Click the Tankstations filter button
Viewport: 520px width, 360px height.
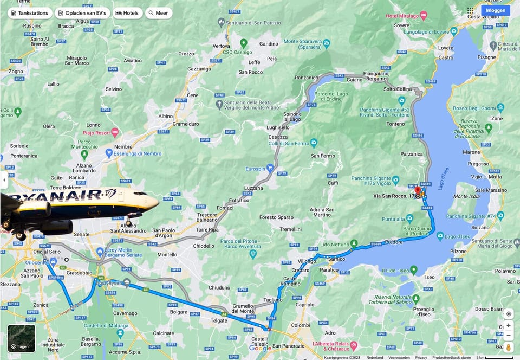(x=30, y=13)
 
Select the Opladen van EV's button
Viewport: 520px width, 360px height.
(x=82, y=13)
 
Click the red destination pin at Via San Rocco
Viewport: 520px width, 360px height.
(x=418, y=191)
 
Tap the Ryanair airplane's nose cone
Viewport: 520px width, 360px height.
(x=157, y=202)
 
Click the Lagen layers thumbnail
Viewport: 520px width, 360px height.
(x=22, y=338)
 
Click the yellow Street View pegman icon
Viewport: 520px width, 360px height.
(x=508, y=347)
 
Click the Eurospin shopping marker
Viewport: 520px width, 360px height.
(x=270, y=168)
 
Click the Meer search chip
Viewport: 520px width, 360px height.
(x=159, y=13)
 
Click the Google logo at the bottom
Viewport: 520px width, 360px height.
(x=261, y=349)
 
